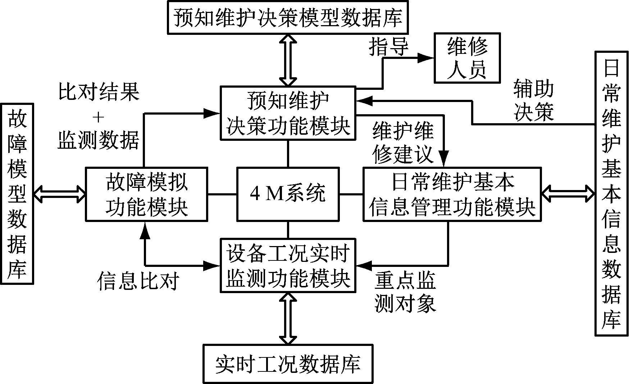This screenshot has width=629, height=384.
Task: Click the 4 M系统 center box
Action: coord(288,194)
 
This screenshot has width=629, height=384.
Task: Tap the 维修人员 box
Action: coord(467,58)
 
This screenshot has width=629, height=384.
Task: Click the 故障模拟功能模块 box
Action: coord(146,194)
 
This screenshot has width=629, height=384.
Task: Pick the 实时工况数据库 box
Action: coord(288,364)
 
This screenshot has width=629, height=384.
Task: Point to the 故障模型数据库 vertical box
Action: coord(17,194)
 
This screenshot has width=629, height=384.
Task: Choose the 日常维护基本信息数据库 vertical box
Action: coord(611,194)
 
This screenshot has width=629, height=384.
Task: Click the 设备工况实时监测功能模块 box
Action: coord(288,265)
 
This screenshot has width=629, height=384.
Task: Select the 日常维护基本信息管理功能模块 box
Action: coord(452,194)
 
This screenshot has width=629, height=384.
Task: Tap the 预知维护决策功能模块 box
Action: coord(288,112)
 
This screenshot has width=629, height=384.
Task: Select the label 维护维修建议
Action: coord(403,143)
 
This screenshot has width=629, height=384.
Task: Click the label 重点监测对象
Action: coord(405,292)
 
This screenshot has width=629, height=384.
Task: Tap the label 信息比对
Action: coord(138,281)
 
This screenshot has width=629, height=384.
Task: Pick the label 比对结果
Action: coord(99,92)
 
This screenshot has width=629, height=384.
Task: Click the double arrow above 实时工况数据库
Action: coord(288,318)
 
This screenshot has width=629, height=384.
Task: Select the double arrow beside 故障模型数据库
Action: coord(59,194)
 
